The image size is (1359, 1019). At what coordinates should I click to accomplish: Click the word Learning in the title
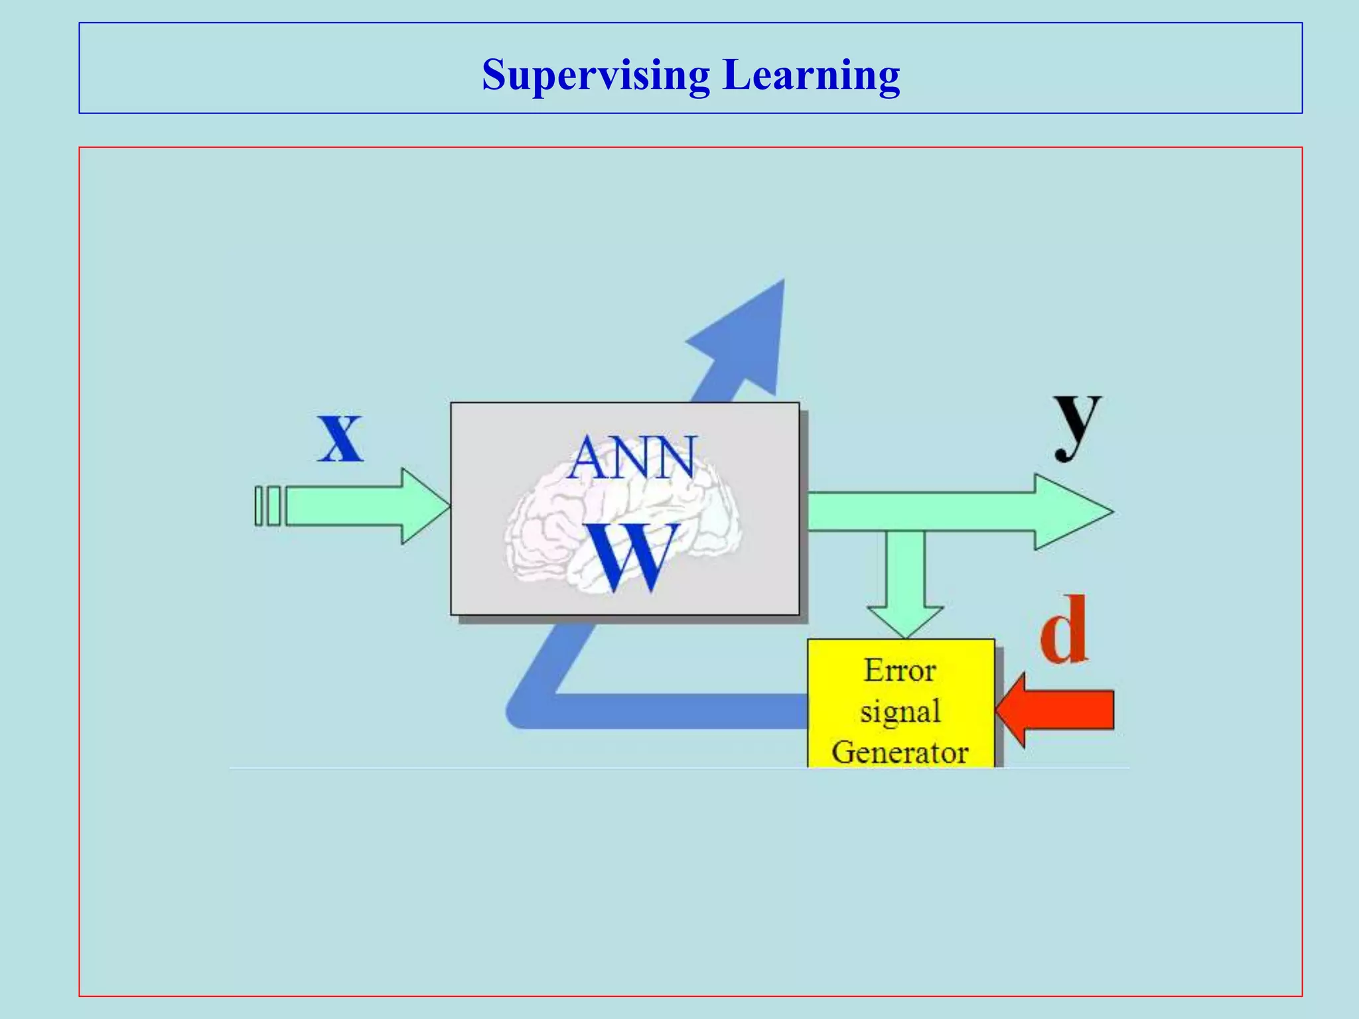coord(811,75)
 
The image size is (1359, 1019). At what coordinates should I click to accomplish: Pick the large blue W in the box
coord(632,557)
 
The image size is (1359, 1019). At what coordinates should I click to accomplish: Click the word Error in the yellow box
coord(900,671)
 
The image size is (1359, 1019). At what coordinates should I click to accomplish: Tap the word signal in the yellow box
coord(900,712)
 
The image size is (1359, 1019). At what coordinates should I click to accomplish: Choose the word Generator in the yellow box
coord(900,752)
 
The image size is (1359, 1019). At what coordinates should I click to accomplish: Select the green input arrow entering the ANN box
coord(365,506)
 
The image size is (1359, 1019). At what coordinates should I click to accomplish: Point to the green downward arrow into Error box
coord(904,584)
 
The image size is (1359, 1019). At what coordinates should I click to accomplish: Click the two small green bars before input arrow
coord(267,506)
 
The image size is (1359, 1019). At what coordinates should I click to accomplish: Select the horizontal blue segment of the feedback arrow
coord(677,711)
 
